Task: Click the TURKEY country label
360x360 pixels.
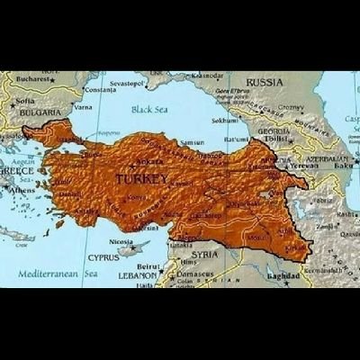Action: point(141,180)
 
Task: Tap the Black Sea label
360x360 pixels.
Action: point(149,110)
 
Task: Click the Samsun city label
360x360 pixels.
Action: point(192,142)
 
